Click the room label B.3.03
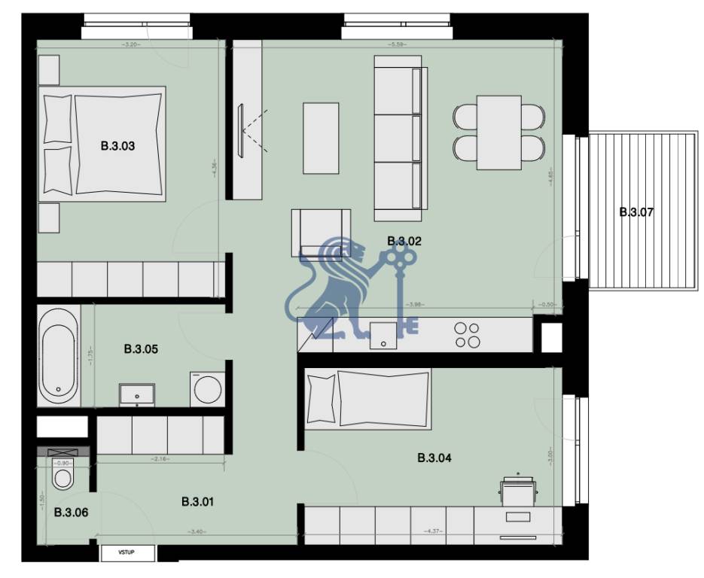[117, 146]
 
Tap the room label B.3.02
[404, 241]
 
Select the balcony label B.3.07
[636, 212]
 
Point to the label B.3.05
[141, 349]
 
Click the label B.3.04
[434, 457]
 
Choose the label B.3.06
[71, 513]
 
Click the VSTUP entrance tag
[128, 553]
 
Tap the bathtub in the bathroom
[58, 355]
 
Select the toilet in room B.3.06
[62, 476]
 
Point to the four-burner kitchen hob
[468, 335]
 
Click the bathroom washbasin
[137, 394]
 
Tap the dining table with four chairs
[499, 132]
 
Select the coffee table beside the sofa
[321, 138]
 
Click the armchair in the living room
[322, 233]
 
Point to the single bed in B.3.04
[368, 397]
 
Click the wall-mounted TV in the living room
[241, 131]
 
